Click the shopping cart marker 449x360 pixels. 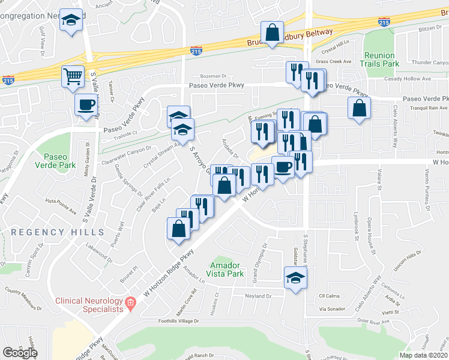point(73,77)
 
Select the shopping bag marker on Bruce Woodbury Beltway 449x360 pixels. point(272,32)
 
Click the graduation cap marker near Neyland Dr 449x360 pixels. point(295,277)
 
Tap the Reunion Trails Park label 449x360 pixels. point(380,59)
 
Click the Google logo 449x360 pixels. point(20,352)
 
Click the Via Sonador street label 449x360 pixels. point(333,308)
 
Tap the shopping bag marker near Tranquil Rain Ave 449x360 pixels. point(359,108)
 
